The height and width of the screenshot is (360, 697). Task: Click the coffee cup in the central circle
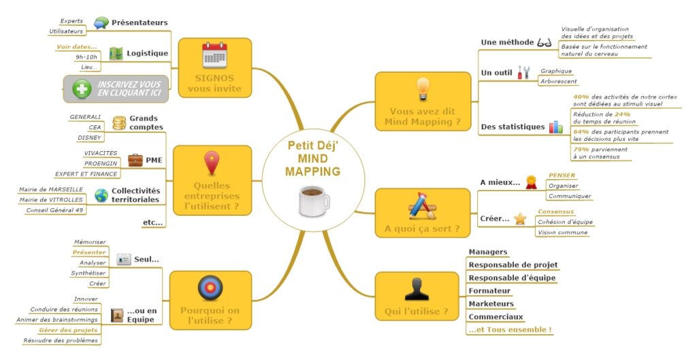(x=314, y=200)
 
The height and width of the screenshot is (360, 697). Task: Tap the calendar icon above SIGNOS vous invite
(x=214, y=54)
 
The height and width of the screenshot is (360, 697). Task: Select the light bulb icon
(x=423, y=88)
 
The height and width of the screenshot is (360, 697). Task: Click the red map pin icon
(x=212, y=163)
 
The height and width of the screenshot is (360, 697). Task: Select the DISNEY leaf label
(x=89, y=137)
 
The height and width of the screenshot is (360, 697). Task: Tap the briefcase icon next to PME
(x=135, y=161)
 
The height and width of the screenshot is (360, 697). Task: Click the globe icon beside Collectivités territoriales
(x=101, y=195)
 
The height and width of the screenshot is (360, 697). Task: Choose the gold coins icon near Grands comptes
(x=119, y=122)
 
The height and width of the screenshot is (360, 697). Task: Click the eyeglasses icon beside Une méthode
(x=545, y=42)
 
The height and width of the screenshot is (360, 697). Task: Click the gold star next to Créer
(x=520, y=218)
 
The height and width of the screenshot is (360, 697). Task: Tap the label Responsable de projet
(x=513, y=265)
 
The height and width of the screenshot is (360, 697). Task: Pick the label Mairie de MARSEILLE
(x=52, y=189)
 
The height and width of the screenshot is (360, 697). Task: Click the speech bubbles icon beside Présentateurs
(x=101, y=22)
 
